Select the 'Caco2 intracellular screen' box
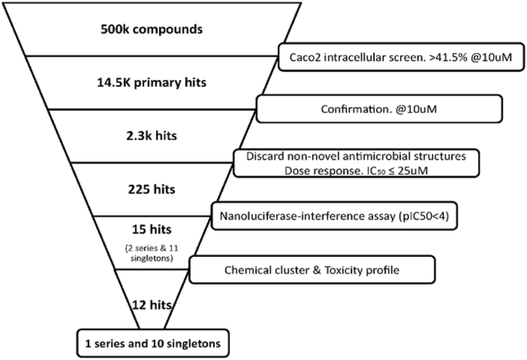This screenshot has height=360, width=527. pyautogui.click(x=400, y=55)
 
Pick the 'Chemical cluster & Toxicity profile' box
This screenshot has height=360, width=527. pyautogui.click(x=312, y=269)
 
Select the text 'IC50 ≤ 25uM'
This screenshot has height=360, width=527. pyautogui.click(x=398, y=170)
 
